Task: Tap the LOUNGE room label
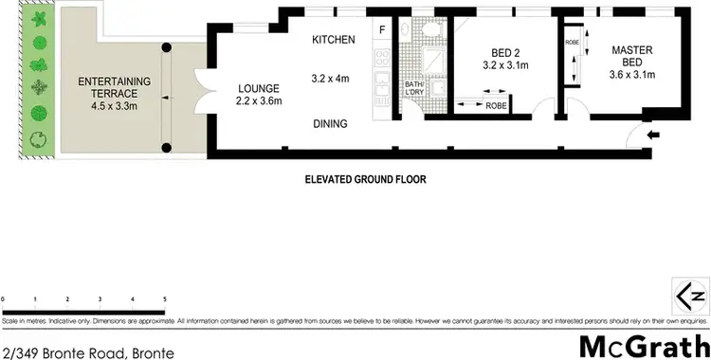[x=257, y=88]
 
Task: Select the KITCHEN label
[x=334, y=40]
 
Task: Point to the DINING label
[x=331, y=123]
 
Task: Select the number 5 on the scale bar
[x=165, y=298]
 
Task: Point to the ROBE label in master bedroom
[x=572, y=43]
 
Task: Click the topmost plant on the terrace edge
[x=39, y=18]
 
